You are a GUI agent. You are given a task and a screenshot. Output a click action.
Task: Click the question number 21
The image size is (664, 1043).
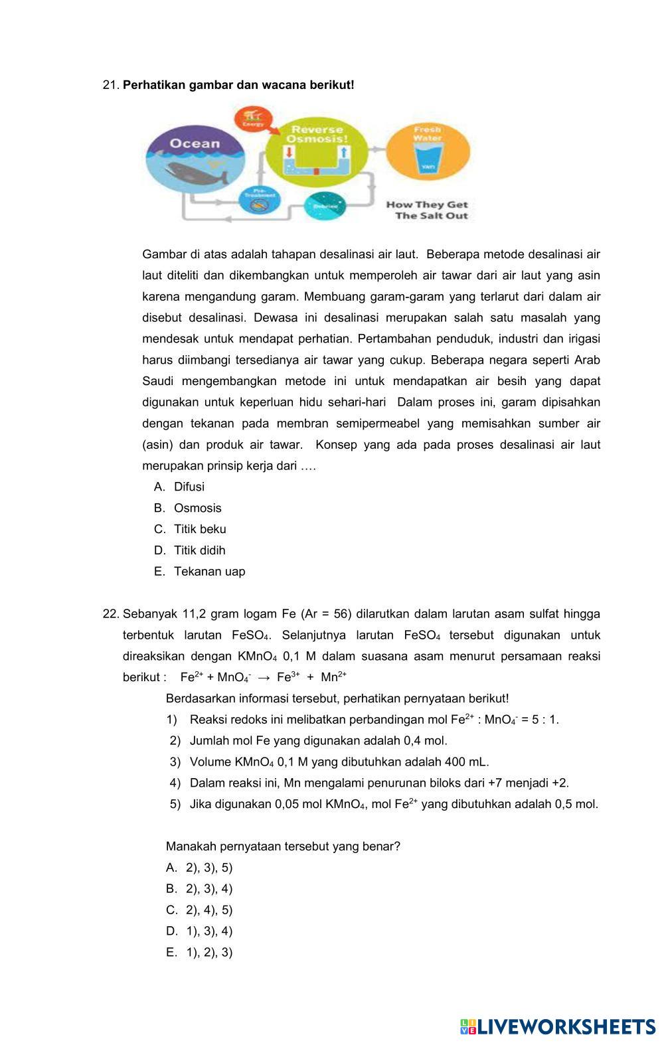coord(110,85)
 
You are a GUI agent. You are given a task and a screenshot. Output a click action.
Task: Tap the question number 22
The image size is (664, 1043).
coord(110,614)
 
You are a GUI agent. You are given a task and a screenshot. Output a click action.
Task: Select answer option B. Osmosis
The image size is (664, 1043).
coord(197,508)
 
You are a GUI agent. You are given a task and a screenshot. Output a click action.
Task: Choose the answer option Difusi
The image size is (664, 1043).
coord(189,487)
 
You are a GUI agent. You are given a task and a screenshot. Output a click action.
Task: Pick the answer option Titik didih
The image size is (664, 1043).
coord(199,550)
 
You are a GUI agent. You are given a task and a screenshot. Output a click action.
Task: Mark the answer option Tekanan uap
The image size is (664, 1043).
coord(209,572)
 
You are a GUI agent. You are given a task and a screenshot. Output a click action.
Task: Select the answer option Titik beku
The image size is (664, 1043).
coord(200,529)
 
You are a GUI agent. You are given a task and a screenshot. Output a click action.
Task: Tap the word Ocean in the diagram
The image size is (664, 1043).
coord(194,143)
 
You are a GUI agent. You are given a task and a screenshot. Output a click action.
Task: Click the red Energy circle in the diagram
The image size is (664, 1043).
coord(253,119)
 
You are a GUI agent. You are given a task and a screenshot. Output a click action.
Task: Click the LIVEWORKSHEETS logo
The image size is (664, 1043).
coord(558,1026)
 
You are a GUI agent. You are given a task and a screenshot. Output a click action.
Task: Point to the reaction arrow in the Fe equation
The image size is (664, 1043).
coord(264,678)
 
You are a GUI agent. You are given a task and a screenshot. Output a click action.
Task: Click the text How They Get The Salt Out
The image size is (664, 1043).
coord(427,210)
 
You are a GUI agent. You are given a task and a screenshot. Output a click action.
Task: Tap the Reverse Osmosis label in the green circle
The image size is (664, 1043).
coord(316,134)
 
